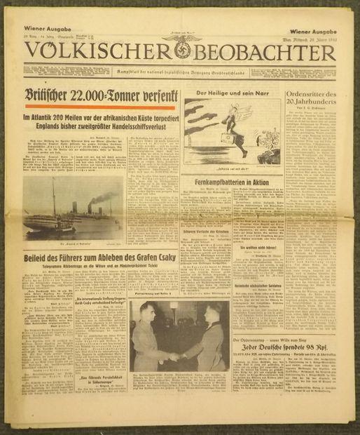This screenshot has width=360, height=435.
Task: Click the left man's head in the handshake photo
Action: (x=158, y=314)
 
